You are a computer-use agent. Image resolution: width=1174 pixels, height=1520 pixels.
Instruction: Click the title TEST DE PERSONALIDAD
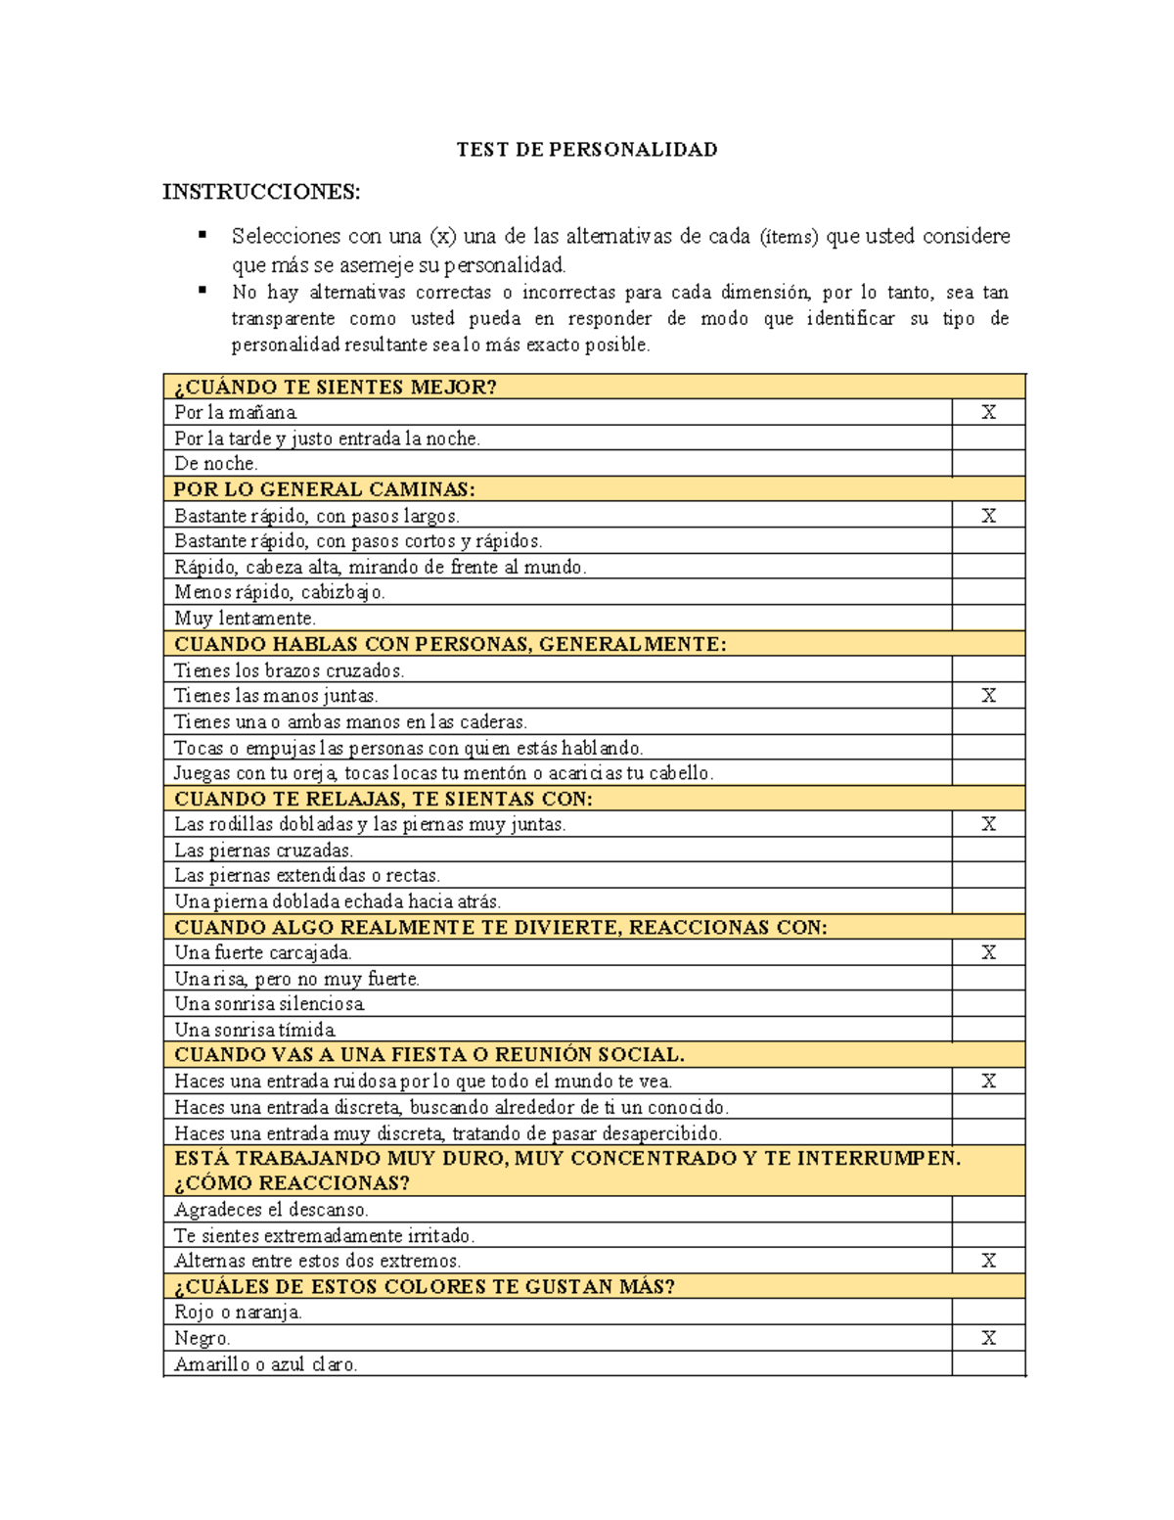[x=587, y=150]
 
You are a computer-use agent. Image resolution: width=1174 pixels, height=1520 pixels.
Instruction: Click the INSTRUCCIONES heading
[x=261, y=192]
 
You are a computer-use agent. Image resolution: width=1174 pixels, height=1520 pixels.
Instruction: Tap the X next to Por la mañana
[x=988, y=412]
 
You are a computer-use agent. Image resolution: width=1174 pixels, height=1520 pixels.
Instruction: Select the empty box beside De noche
[x=988, y=464]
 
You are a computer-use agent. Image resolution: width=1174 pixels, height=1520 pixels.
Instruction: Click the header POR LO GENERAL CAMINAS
[x=324, y=489]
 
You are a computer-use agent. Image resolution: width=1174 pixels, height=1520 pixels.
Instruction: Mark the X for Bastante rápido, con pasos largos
[x=988, y=516]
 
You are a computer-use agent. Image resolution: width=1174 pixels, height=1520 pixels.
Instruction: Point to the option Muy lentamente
[x=245, y=619]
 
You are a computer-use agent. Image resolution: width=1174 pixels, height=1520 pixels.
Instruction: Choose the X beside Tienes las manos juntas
[x=988, y=696]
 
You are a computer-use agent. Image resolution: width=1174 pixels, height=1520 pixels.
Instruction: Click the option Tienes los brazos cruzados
[x=289, y=670]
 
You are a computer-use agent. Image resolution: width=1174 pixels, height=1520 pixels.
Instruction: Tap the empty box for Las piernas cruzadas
[x=988, y=850]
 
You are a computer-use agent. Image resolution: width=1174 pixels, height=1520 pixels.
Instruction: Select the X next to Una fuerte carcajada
[x=988, y=952]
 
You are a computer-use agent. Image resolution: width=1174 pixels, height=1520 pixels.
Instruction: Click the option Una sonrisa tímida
[x=255, y=1030]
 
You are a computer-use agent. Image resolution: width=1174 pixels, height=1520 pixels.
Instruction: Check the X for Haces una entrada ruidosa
[x=988, y=1082]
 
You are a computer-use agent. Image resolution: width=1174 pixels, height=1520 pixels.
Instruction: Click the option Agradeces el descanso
[x=271, y=1210]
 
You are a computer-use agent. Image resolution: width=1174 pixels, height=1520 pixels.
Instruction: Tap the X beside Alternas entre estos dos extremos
[x=988, y=1261]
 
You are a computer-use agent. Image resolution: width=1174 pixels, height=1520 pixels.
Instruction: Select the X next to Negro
[x=988, y=1338]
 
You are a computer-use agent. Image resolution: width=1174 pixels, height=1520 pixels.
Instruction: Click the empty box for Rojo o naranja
[x=988, y=1313]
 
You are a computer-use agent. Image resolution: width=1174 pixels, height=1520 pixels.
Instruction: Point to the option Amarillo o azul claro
[x=265, y=1364]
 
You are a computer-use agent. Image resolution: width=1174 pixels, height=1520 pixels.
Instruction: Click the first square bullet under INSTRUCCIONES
[x=203, y=235]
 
